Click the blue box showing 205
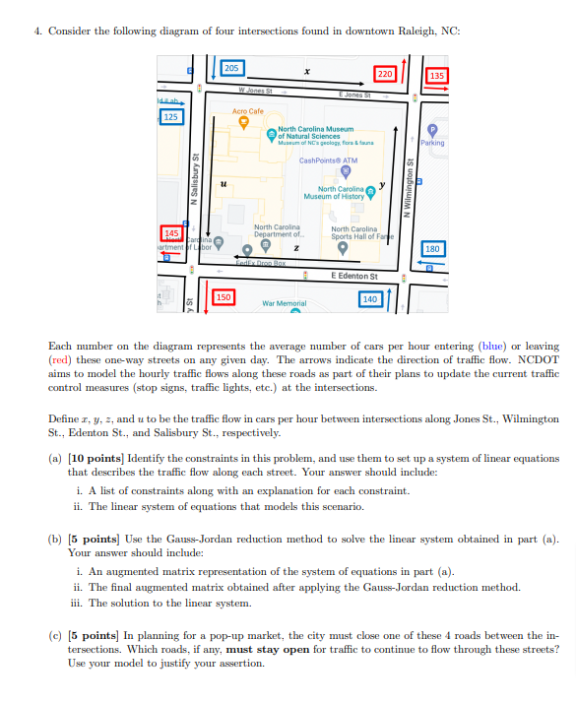click(x=231, y=68)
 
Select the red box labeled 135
click(x=437, y=76)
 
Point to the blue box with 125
click(x=171, y=117)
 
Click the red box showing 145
click(x=171, y=232)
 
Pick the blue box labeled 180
click(x=432, y=249)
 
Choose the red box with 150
click(x=224, y=296)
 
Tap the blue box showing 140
click(x=370, y=298)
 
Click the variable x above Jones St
click(x=308, y=72)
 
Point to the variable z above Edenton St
click(x=308, y=252)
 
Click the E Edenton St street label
click(x=354, y=276)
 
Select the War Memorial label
click(x=284, y=304)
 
